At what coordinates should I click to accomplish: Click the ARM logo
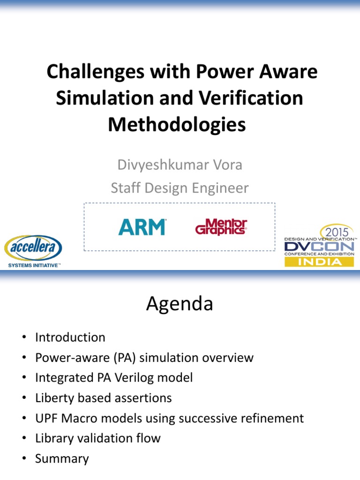(x=142, y=227)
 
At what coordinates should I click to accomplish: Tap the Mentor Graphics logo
(x=221, y=227)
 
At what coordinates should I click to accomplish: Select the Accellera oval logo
(x=33, y=248)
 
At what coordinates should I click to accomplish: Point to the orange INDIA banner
(x=319, y=262)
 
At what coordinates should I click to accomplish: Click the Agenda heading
(x=180, y=304)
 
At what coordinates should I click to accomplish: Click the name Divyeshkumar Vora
(x=180, y=165)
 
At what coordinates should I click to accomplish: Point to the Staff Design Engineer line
(x=180, y=188)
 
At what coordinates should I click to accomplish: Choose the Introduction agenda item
(x=70, y=337)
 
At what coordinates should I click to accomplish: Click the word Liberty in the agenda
(x=52, y=398)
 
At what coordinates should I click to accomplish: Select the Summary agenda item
(x=62, y=458)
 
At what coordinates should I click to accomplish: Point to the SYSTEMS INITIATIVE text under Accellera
(x=33, y=265)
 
